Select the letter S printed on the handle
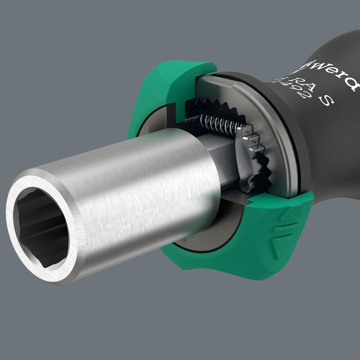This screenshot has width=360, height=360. coord(326,102)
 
